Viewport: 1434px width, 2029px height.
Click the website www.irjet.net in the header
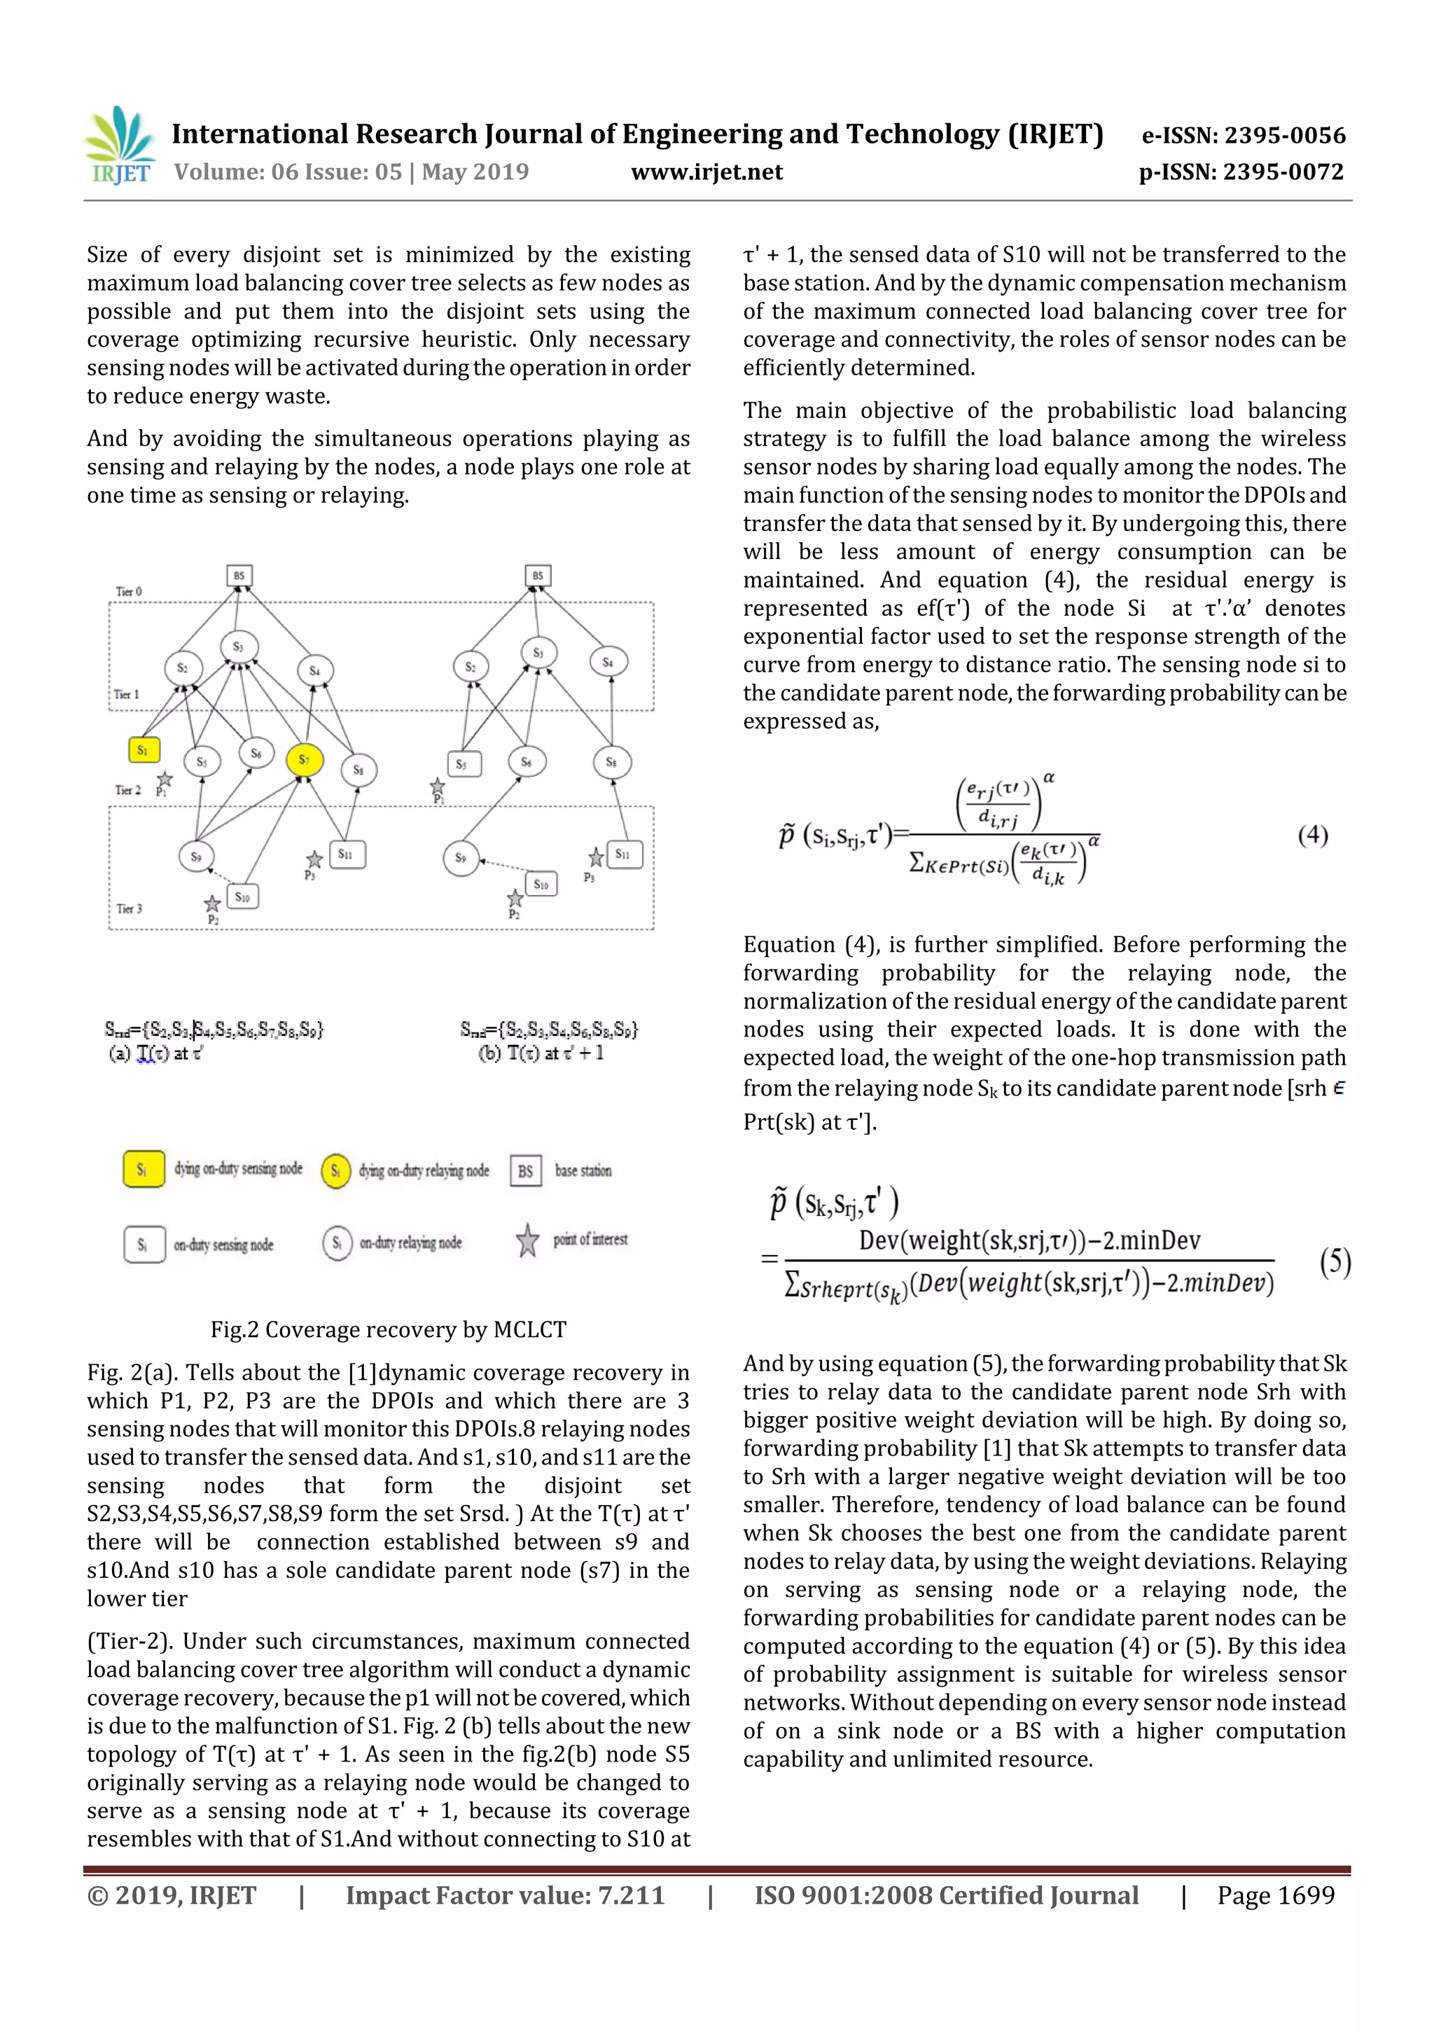(706, 172)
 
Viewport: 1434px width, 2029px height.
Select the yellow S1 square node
(143, 749)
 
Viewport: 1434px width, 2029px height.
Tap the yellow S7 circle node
(304, 759)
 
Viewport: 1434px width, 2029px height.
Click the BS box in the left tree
(239, 575)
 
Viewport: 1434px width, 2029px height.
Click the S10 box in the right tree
(541, 884)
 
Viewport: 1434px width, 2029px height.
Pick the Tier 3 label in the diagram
(128, 908)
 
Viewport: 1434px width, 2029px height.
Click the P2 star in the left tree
(212, 903)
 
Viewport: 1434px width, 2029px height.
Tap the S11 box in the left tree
(345, 854)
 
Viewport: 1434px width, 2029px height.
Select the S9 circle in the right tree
(460, 857)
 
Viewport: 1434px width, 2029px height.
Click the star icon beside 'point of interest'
(527, 1241)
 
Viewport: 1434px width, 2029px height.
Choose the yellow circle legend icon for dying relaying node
(336, 1171)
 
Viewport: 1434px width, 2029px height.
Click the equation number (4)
(1312, 835)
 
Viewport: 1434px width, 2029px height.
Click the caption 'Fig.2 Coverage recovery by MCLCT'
(388, 1329)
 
